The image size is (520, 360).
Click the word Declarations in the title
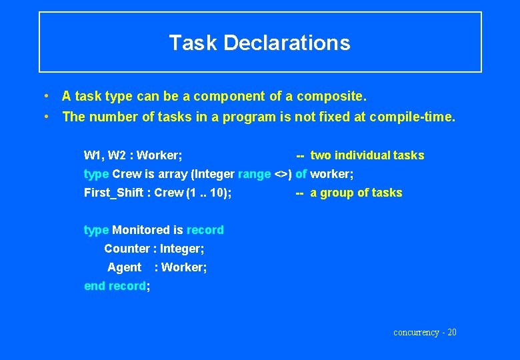(287, 43)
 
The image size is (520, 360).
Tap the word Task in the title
(193, 43)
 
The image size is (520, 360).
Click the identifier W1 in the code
(92, 155)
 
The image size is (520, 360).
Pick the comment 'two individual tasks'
(367, 155)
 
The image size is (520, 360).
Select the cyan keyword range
(254, 174)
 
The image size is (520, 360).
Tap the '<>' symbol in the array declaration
(281, 174)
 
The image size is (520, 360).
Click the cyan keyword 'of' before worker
(301, 174)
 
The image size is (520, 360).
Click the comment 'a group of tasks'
(357, 193)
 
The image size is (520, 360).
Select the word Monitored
(141, 230)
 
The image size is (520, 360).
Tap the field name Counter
(127, 249)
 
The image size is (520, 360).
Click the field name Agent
(125, 267)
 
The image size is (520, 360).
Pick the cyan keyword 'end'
(95, 286)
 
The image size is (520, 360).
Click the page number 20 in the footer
(452, 332)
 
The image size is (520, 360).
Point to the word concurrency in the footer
(416, 332)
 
